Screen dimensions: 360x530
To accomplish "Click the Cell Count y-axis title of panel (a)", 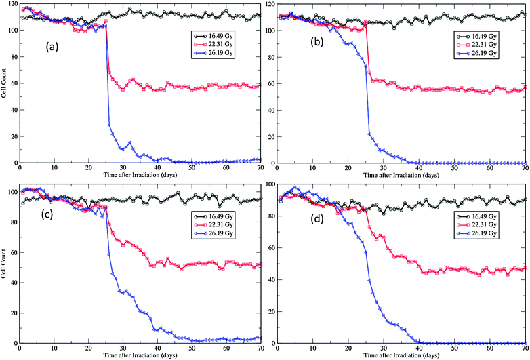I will [x=5, y=86].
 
